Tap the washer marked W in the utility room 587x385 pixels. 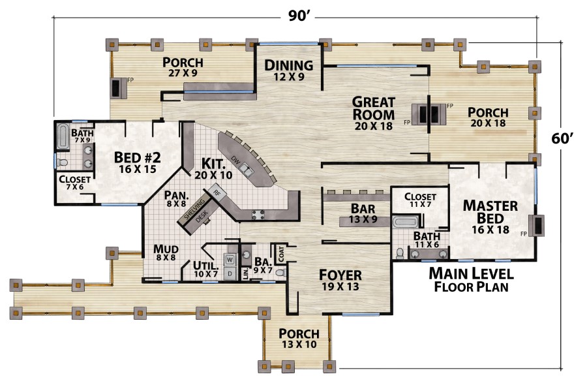pos(230,259)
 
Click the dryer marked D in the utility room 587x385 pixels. pos(230,273)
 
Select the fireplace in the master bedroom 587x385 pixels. pos(539,225)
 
